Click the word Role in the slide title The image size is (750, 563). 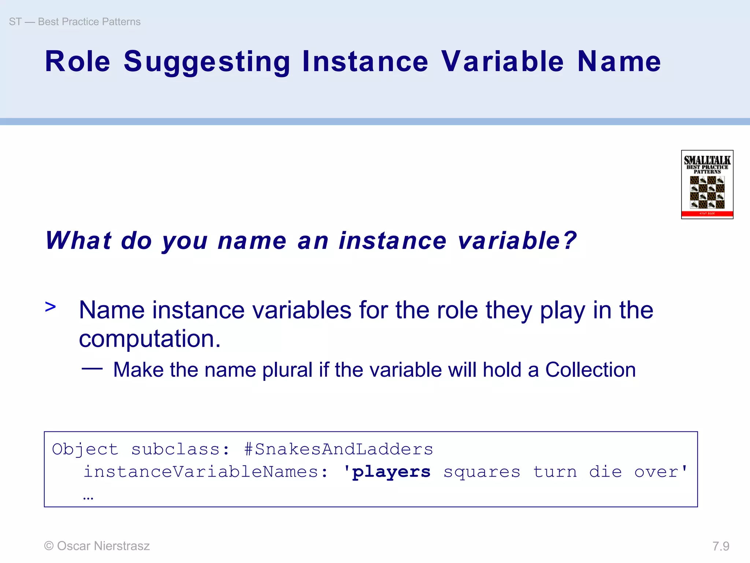click(77, 62)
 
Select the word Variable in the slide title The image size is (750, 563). click(502, 62)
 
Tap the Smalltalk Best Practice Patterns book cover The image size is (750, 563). click(707, 184)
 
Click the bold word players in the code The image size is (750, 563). click(391, 472)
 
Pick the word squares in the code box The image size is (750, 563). click(482, 472)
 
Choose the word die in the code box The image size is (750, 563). click(605, 472)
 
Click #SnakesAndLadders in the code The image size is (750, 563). click(338, 449)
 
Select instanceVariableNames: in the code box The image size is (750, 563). click(206, 472)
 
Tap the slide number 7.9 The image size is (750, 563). click(721, 546)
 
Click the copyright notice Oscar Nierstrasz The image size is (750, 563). click(97, 546)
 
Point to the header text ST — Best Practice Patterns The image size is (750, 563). click(75, 22)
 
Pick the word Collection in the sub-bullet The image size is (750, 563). click(590, 370)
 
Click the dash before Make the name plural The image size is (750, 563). click(92, 368)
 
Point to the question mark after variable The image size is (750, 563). click(570, 241)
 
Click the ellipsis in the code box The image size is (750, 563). click(88, 498)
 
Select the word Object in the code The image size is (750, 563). click(85, 449)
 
